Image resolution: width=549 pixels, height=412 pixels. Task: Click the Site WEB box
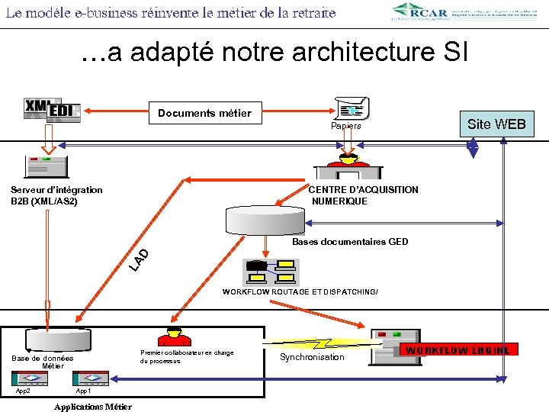[x=496, y=124]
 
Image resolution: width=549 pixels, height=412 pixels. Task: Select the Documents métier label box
[x=204, y=114]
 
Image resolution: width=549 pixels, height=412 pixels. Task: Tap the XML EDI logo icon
[x=52, y=109]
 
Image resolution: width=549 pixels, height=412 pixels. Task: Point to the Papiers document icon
[x=351, y=109]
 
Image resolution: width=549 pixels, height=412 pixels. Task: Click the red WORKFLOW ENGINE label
[x=457, y=350]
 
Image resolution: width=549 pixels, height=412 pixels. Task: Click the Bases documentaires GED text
[x=350, y=242]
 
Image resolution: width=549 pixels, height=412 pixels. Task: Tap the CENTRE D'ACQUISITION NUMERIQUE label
[x=363, y=195]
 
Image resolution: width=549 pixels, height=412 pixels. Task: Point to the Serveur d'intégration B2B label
[x=56, y=195]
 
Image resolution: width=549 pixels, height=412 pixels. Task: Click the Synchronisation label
[x=312, y=357]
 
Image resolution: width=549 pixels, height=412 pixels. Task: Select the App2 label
[x=24, y=391]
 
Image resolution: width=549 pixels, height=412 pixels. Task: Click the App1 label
[x=84, y=391]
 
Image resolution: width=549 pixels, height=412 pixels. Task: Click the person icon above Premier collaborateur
[x=175, y=336]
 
